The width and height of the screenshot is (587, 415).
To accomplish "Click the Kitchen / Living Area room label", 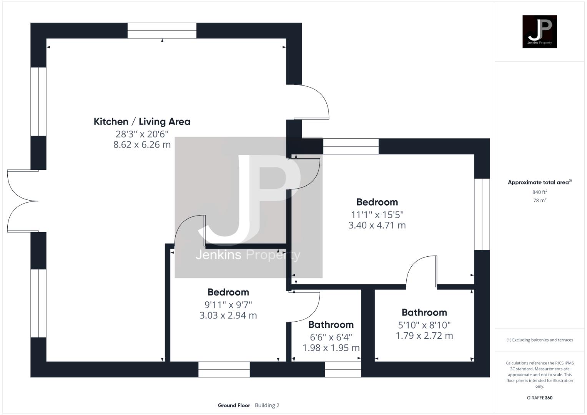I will click(142, 122).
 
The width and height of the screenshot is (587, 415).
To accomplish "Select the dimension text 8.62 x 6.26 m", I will click(142, 145).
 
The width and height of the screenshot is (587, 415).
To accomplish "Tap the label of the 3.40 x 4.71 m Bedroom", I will click(377, 202).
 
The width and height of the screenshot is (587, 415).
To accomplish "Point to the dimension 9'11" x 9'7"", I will click(228, 305).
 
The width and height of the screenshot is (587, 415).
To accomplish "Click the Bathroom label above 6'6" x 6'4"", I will click(331, 325).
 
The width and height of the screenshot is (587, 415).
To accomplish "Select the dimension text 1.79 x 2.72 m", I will click(424, 336).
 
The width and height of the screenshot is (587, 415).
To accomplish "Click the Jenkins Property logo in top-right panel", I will click(539, 32).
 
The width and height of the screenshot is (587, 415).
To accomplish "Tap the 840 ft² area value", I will click(539, 192).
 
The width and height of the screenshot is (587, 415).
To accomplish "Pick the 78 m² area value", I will click(539, 200).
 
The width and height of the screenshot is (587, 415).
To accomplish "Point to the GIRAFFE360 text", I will click(539, 398).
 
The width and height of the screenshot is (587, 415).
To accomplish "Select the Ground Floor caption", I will click(234, 405).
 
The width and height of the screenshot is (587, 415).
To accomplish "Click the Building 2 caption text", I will click(267, 405).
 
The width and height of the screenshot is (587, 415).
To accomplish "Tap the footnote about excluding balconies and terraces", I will click(539, 340).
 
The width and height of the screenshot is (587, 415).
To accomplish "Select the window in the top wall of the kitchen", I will click(162, 31).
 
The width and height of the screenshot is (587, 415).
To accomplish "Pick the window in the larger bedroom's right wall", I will click(482, 214).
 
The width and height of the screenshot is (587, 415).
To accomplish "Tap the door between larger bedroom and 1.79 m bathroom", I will click(422, 272).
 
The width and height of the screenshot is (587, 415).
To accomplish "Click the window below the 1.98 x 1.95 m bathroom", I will click(343, 370).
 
